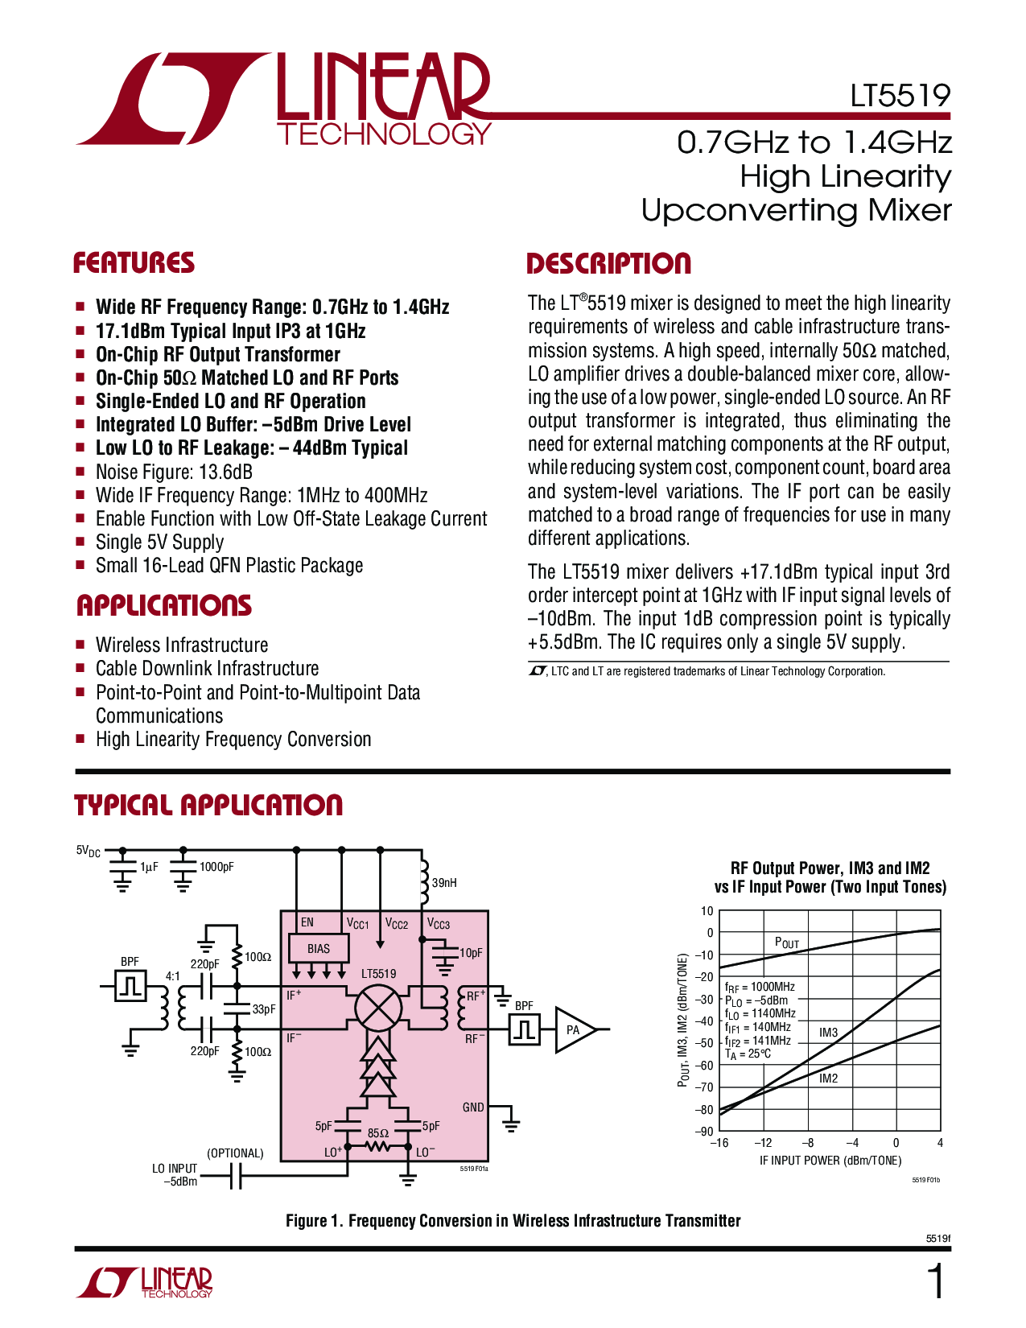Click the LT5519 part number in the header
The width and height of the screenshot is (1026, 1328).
[x=900, y=97]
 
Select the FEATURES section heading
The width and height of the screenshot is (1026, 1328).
[x=134, y=263]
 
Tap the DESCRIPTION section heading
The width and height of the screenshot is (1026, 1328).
[x=608, y=263]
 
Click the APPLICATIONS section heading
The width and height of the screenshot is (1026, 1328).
[x=164, y=605]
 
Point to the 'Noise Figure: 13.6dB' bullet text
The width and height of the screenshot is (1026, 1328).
[x=174, y=472]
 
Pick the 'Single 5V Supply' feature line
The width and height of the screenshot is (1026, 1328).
[x=159, y=542]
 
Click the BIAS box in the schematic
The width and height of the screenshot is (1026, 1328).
[x=319, y=949]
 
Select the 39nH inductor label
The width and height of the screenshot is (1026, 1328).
[x=444, y=883]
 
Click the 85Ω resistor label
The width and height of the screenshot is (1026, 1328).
[x=378, y=1132]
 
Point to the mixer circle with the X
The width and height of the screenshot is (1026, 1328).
[x=378, y=1007]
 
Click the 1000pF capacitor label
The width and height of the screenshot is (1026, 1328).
[x=216, y=867]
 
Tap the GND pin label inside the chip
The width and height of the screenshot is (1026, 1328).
[x=473, y=1107]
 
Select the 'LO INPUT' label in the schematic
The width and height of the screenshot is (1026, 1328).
[x=175, y=1168]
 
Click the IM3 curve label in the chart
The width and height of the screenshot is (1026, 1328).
[x=828, y=1032]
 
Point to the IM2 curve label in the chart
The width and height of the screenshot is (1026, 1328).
[x=828, y=1078]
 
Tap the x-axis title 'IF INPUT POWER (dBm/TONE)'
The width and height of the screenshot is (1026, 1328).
[x=830, y=1161]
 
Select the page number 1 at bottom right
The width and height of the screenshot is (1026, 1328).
[x=936, y=1282]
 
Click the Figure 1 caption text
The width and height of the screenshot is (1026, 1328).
[x=513, y=1221]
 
